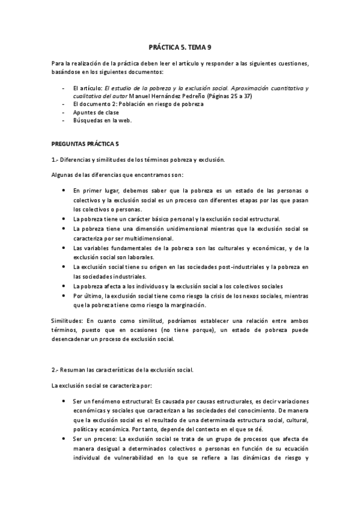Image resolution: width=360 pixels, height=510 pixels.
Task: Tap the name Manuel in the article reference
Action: (142, 96)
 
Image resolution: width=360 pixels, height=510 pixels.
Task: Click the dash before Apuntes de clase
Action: (64, 112)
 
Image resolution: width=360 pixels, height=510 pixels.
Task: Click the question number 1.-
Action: (54, 159)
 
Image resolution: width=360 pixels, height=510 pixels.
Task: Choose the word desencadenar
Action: (71, 339)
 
